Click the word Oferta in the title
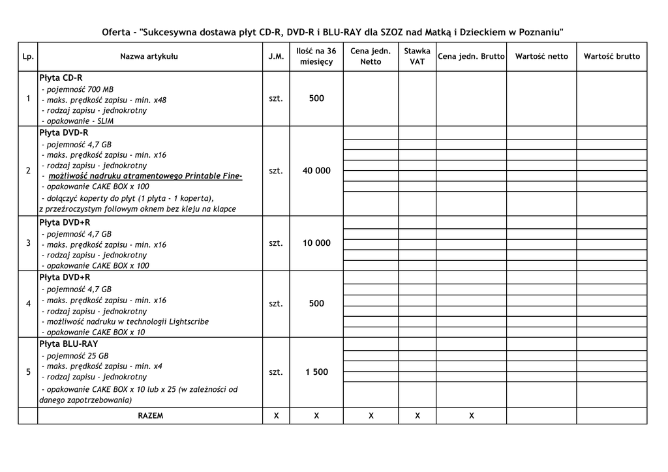point(116,32)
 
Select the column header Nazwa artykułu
point(149,57)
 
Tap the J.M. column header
point(276,57)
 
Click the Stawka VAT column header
point(417,56)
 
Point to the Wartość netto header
point(541,57)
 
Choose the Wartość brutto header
point(611,57)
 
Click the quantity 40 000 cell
point(316,171)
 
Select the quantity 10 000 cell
point(316,243)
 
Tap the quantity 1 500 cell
point(316,372)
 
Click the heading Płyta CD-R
point(61,78)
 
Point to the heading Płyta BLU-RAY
point(68,344)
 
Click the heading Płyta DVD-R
point(63,132)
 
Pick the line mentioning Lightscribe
point(125,321)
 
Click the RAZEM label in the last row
point(150,415)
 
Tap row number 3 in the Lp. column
point(28,243)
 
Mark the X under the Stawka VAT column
point(417,415)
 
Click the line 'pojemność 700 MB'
point(77,89)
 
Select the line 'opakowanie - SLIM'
point(77,121)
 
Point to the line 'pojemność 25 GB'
point(75,356)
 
